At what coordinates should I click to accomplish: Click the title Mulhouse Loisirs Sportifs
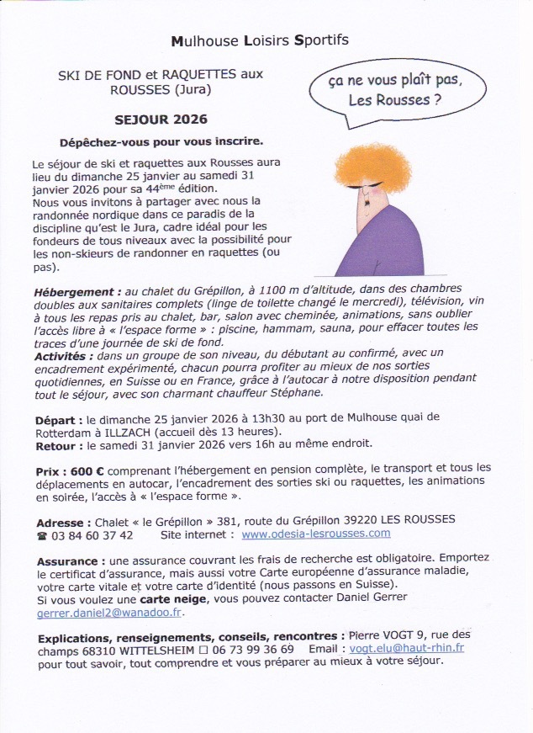pyautogui.click(x=260, y=40)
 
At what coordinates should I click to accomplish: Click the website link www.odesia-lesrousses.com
pyautogui.click(x=315, y=534)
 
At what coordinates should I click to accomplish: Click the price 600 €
pyautogui.click(x=88, y=470)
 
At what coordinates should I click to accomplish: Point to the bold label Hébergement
pyautogui.click(x=74, y=290)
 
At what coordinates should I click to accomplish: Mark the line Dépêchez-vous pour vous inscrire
pyautogui.click(x=161, y=141)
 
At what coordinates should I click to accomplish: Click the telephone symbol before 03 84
pyautogui.click(x=42, y=534)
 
